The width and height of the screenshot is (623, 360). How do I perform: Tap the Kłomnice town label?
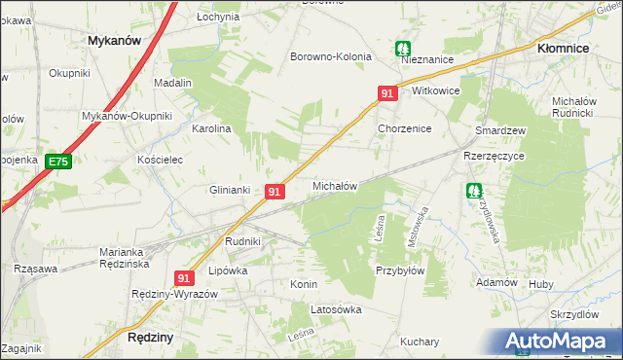(x=567, y=46)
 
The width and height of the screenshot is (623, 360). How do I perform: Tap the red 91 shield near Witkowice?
(x=387, y=93)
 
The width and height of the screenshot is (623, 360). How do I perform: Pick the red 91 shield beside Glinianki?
(x=275, y=193)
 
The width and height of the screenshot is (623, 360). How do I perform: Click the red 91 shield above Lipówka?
(x=183, y=278)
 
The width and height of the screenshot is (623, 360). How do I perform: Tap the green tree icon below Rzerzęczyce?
(x=473, y=193)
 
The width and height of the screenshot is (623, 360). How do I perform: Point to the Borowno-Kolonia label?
(x=331, y=56)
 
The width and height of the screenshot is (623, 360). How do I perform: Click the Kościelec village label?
(x=161, y=160)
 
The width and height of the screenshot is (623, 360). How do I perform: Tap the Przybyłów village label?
(x=400, y=271)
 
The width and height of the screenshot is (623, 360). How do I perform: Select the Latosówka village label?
(x=336, y=309)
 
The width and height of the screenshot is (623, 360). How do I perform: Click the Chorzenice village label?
(x=404, y=128)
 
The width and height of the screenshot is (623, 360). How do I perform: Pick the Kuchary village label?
(x=420, y=342)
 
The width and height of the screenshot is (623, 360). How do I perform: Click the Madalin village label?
(x=172, y=84)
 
